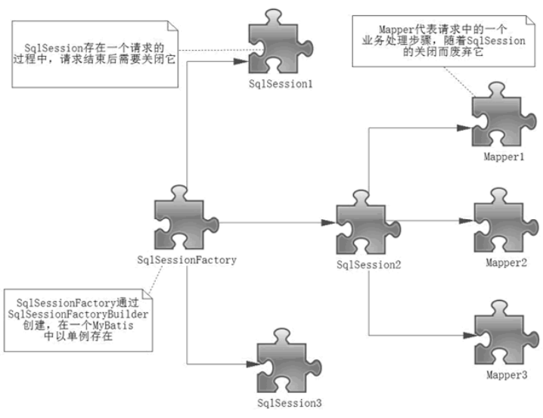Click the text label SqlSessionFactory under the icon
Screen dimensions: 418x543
pyautogui.click(x=186, y=260)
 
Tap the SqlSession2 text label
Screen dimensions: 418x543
pyautogui.click(x=369, y=265)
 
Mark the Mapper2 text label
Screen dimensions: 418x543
pyautogui.click(x=506, y=261)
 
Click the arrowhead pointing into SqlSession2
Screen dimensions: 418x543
pyautogui.click(x=327, y=222)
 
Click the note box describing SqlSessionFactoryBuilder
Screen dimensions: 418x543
pyautogui.click(x=77, y=318)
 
